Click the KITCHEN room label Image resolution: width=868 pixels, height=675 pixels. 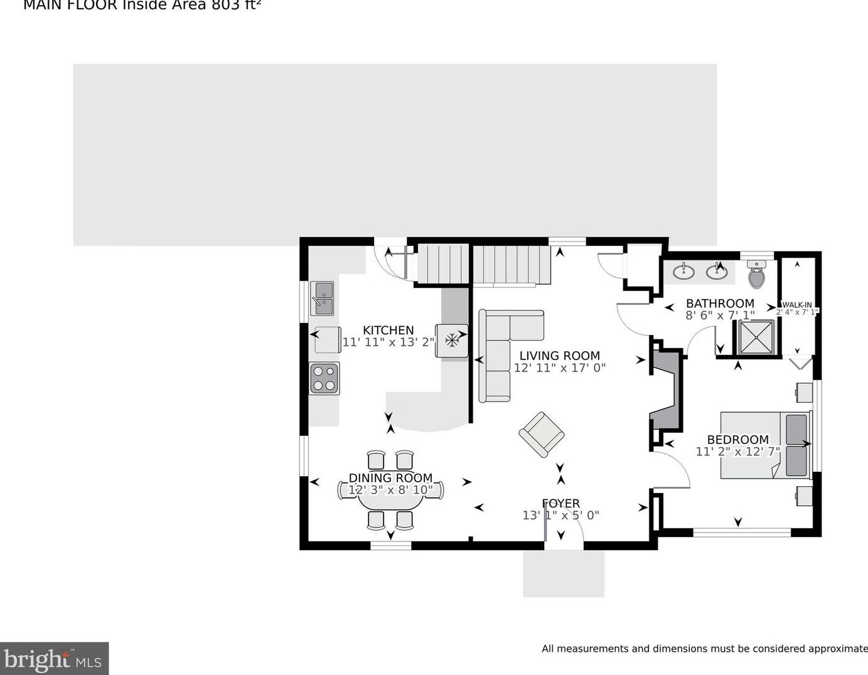click(x=388, y=330)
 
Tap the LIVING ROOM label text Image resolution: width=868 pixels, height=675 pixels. click(x=559, y=356)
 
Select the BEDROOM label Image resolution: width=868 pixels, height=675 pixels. click(x=737, y=440)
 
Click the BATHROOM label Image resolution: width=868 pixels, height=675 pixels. click(x=720, y=304)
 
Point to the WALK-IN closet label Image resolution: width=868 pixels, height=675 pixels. click(x=797, y=305)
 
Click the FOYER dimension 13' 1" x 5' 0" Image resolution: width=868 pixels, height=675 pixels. click(x=560, y=515)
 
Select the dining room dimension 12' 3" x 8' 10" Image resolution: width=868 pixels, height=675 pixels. click(x=390, y=490)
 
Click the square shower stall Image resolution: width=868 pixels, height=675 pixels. click(x=756, y=337)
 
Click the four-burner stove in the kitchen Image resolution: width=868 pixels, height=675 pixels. click(x=324, y=378)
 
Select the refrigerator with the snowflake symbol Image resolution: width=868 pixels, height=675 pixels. click(x=452, y=341)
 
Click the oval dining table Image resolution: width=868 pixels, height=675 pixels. click(x=390, y=489)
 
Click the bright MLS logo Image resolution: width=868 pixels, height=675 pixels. click(x=54, y=659)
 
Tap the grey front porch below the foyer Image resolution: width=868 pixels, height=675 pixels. click(x=564, y=574)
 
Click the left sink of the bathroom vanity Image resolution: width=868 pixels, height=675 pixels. click(x=683, y=272)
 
